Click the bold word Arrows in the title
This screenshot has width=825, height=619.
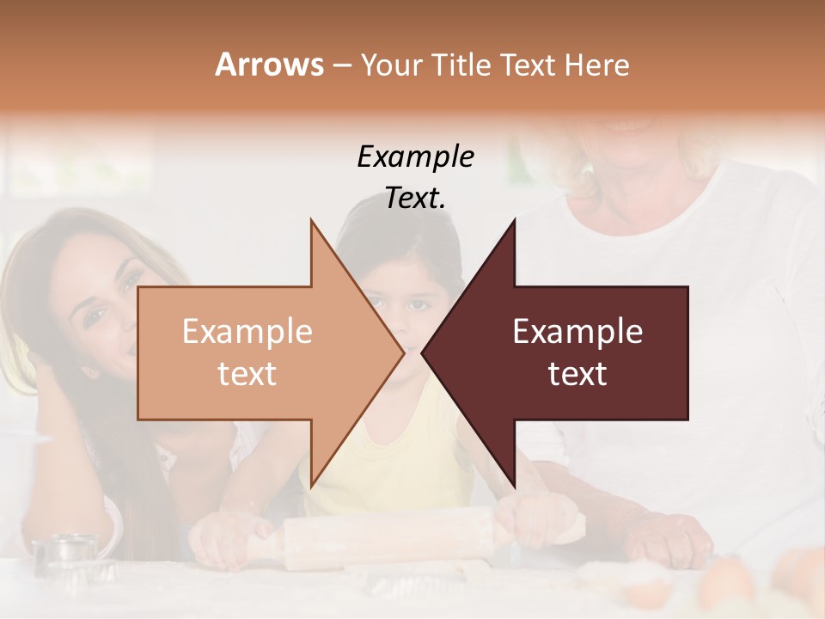click(x=269, y=64)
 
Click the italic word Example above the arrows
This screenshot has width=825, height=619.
click(x=415, y=156)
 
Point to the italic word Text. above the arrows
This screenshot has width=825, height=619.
click(x=415, y=199)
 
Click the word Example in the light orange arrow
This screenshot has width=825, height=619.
click(x=247, y=332)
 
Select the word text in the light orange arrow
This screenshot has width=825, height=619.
click(x=247, y=374)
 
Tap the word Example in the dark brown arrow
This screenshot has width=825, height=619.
click(x=577, y=332)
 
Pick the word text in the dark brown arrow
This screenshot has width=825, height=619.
click(x=577, y=374)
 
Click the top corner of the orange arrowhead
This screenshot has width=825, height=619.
click(x=311, y=221)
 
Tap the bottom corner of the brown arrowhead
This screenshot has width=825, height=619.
click(x=515, y=486)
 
